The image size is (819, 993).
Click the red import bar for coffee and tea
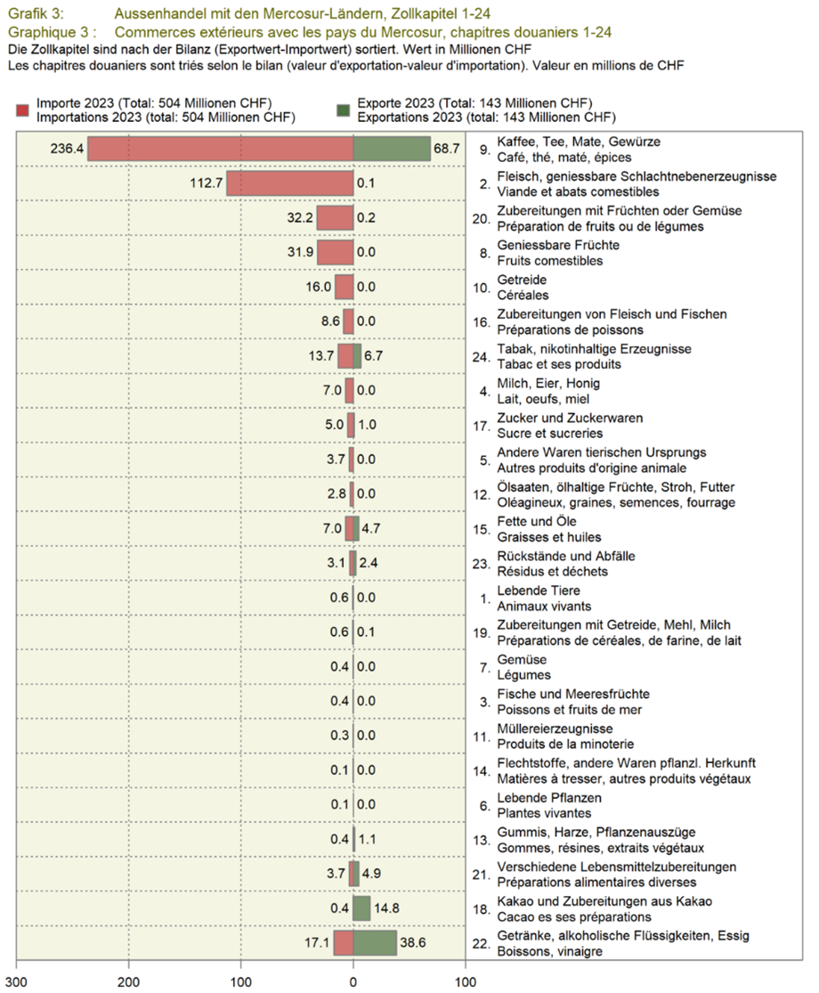(221, 150)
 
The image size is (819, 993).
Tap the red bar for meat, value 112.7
(290, 183)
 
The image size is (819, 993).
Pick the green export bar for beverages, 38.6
(375, 942)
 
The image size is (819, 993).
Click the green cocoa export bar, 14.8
(361, 908)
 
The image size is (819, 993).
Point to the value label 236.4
(67, 150)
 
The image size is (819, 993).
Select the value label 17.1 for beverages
(315, 942)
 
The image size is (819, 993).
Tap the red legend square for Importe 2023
(23, 109)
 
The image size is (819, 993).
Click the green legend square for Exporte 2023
(343, 109)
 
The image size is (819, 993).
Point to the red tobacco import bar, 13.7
(345, 356)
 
